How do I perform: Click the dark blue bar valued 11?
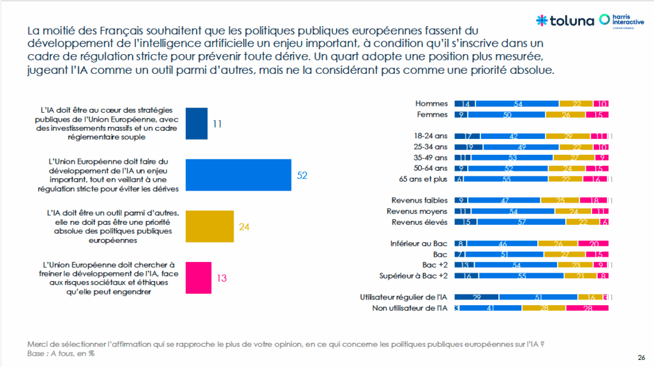197,124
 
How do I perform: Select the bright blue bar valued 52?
238,175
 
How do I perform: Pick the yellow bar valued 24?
210,226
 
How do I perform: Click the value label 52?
302,175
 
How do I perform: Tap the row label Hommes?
432,103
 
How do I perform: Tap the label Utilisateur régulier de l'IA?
403,297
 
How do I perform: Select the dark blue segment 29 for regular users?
477,297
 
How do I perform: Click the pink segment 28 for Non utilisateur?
587,308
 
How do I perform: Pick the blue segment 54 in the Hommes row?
517,103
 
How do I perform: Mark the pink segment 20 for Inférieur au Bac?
593,243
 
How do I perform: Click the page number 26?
641,356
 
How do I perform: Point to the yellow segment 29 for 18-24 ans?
567,136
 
